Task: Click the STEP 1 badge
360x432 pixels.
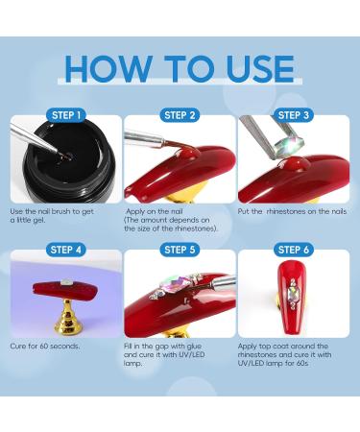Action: tap(66, 115)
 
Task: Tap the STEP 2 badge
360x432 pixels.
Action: tap(180, 115)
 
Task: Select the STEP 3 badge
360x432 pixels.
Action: tap(294, 115)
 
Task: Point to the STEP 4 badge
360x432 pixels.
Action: tap(66, 250)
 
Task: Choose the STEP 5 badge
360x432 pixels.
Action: tap(180, 250)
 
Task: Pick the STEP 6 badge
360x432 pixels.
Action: tap(294, 250)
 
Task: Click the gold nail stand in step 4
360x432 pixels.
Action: tap(67, 316)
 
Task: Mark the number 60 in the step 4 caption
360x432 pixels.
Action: tap(44, 347)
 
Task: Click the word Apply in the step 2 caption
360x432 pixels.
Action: tap(135, 212)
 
